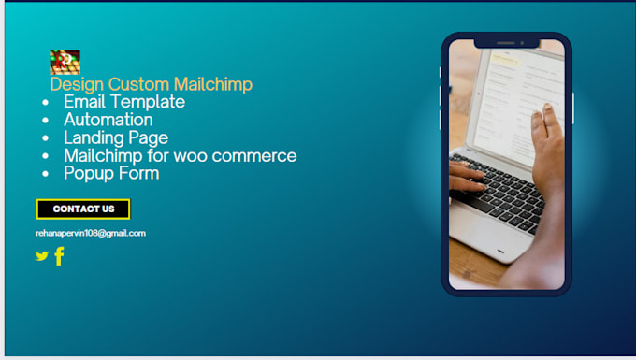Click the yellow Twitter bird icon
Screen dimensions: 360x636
pyautogui.click(x=41, y=255)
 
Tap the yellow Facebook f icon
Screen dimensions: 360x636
pyautogui.click(x=59, y=255)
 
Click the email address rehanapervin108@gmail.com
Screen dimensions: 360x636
pyautogui.click(x=91, y=233)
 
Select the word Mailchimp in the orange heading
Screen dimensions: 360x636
pyautogui.click(x=213, y=85)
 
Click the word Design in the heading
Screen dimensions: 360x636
pyautogui.click(x=77, y=85)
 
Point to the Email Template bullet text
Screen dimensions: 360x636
pyautogui.click(x=124, y=102)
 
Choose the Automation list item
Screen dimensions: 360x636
pyautogui.click(x=108, y=120)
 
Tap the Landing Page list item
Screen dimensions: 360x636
pyautogui.click(x=116, y=137)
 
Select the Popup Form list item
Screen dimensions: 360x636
pyautogui.click(x=111, y=173)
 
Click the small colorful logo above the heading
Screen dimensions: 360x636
pyautogui.click(x=65, y=62)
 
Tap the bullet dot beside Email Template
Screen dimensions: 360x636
pyautogui.click(x=46, y=103)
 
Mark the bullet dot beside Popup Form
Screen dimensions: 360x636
pyautogui.click(x=46, y=174)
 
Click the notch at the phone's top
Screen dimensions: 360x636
pyautogui.click(x=506, y=43)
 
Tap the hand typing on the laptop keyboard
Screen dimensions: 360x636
pyautogui.click(x=468, y=175)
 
